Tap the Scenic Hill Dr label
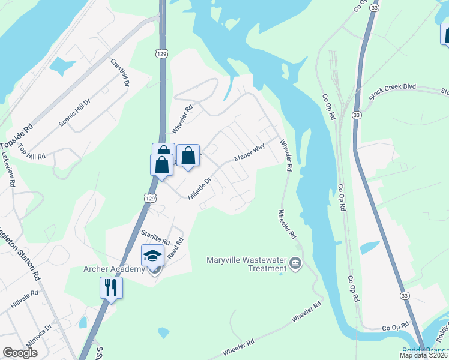74,112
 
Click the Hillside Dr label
200,188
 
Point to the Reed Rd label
175,248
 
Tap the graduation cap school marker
153,256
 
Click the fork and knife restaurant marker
111,287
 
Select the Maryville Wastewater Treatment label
244,264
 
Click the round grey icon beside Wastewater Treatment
295,263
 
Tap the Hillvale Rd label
25,300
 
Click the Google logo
20,353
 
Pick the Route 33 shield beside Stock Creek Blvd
357,114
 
